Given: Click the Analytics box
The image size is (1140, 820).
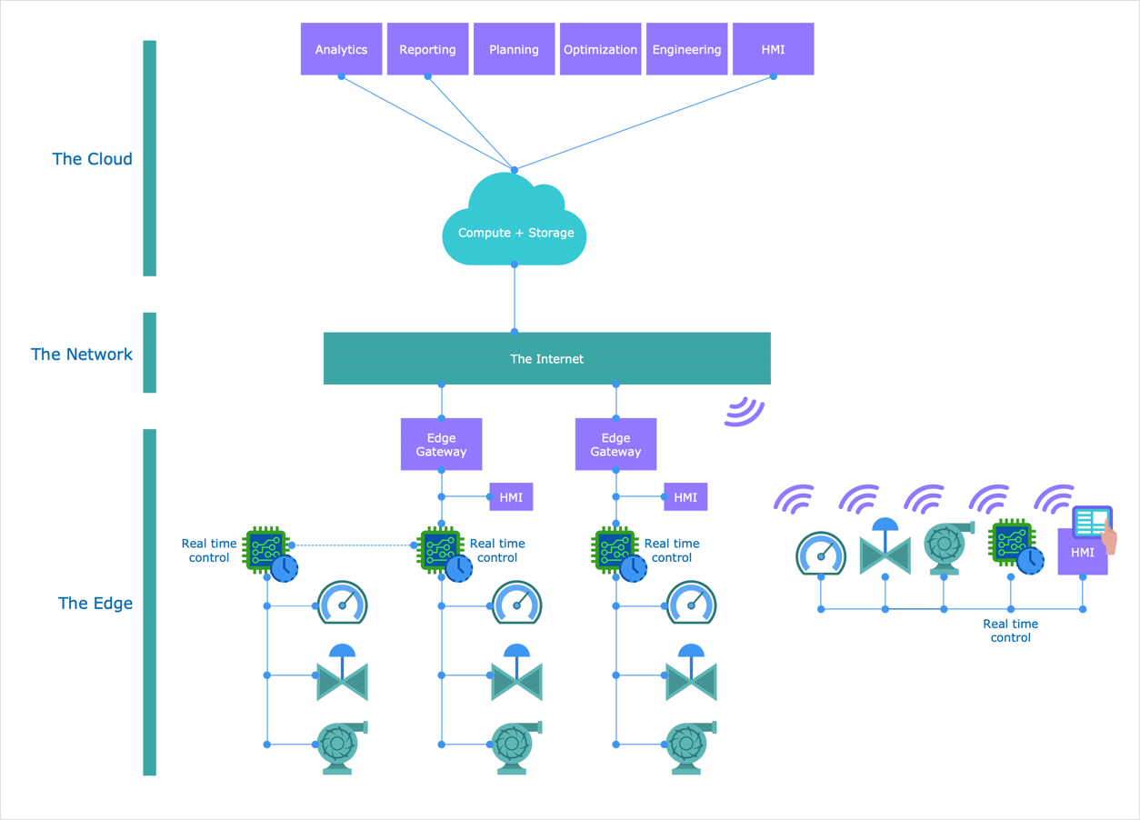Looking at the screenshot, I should (x=341, y=49).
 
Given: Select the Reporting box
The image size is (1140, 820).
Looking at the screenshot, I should (x=427, y=49).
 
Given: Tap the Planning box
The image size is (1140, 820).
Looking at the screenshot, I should (x=514, y=49).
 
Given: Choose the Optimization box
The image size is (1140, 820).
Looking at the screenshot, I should (x=600, y=49).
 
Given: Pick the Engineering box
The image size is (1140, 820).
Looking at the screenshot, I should (x=686, y=49).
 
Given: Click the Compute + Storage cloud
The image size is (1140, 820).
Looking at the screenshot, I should (x=515, y=227).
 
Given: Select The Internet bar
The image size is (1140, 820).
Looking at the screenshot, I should (x=546, y=358).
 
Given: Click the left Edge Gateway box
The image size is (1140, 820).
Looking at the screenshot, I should (x=441, y=445).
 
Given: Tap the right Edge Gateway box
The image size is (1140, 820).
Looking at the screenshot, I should (x=615, y=445).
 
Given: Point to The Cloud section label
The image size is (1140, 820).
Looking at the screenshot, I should (x=92, y=159).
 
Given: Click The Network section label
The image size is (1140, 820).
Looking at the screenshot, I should (x=82, y=355).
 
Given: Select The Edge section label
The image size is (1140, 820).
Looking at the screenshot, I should (x=95, y=604).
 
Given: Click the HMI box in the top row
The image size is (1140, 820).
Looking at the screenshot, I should (x=773, y=49).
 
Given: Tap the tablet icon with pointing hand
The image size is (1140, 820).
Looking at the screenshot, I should (x=1094, y=526).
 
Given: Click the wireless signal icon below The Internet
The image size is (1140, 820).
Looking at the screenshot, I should (x=745, y=411).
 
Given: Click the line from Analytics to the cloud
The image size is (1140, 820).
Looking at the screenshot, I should (x=427, y=123).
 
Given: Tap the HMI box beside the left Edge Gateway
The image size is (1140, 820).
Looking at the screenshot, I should (x=511, y=497).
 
